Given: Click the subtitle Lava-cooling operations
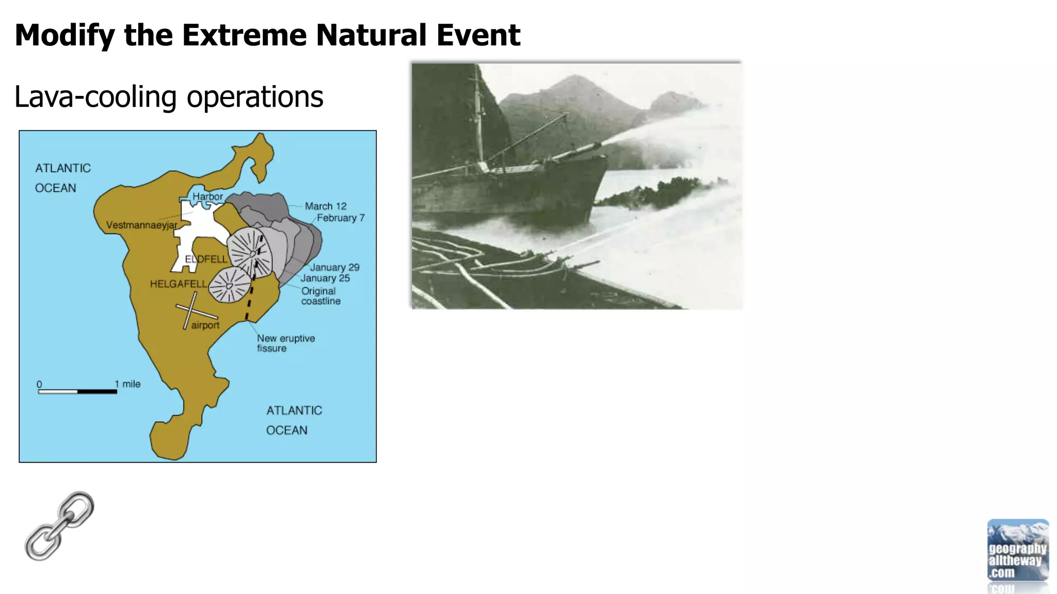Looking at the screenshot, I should [x=169, y=97].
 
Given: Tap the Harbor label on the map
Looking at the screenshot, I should [x=207, y=196].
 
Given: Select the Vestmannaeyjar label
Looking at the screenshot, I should [x=141, y=225].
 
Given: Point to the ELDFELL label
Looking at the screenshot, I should [x=206, y=259].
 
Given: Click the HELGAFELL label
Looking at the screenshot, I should [x=178, y=284].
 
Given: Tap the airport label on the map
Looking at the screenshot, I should [x=205, y=325].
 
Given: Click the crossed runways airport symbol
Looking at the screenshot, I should [x=192, y=310].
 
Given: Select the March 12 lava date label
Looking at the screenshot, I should [x=325, y=206].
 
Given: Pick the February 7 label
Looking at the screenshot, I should [x=341, y=218].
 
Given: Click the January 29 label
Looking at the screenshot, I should [x=334, y=268].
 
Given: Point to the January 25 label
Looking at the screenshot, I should [x=325, y=278].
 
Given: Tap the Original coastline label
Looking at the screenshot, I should [x=320, y=296].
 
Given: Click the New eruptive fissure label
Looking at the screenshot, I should [x=285, y=343].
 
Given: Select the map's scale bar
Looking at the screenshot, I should [x=77, y=392].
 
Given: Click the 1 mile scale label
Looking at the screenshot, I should [x=128, y=384].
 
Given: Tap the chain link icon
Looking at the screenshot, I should [x=59, y=526].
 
